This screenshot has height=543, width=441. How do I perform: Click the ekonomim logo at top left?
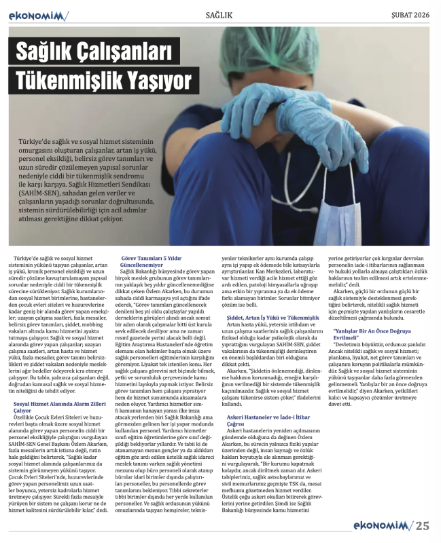click(x=38, y=15)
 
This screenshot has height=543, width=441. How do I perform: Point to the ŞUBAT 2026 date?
click(x=409, y=15)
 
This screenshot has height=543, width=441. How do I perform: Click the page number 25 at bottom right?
click(x=423, y=525)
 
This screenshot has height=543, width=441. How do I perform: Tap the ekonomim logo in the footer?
click(x=383, y=525)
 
